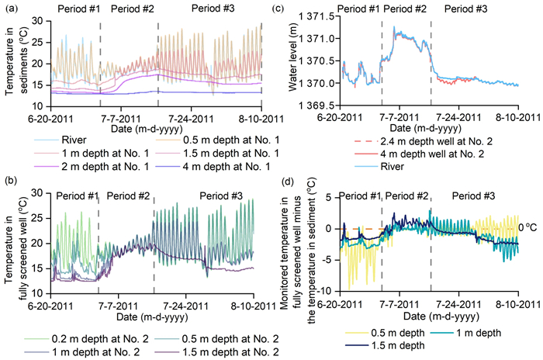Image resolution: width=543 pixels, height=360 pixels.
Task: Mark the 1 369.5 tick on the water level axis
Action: tap(318, 105)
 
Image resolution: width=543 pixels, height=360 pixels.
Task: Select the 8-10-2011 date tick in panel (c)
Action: tap(518, 116)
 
